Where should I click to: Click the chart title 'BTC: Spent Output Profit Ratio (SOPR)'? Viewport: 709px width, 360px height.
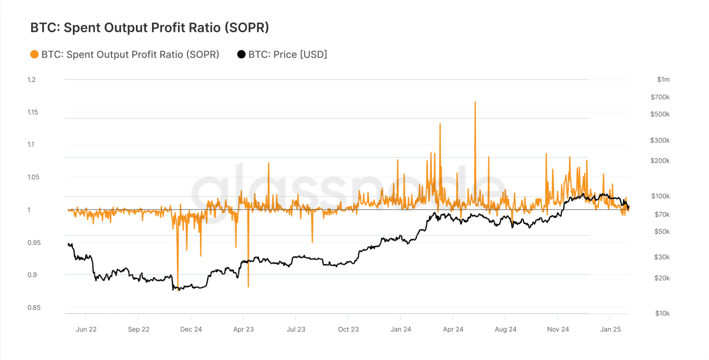pyautogui.click(x=149, y=28)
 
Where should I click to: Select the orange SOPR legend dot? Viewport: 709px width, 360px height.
pyautogui.click(x=34, y=54)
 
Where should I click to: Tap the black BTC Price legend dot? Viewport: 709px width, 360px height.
pyautogui.click(x=241, y=54)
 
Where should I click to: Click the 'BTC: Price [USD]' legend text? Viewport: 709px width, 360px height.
pyautogui.click(x=287, y=54)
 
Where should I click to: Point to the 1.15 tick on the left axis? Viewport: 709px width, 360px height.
pyautogui.click(x=33, y=112)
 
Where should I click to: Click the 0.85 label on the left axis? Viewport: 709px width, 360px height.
pyautogui.click(x=33, y=307)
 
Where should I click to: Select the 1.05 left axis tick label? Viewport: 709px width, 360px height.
pyautogui.click(x=33, y=177)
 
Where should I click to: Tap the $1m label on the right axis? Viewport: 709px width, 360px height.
pyautogui.click(x=663, y=80)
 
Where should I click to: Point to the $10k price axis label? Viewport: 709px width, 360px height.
pyautogui.click(x=662, y=313)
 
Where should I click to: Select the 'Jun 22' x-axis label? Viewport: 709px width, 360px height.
pyautogui.click(x=86, y=329)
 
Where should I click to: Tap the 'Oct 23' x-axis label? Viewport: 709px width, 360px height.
pyautogui.click(x=348, y=329)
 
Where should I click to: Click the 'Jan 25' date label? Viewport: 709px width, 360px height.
pyautogui.click(x=611, y=329)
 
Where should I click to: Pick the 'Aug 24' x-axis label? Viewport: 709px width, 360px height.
pyautogui.click(x=505, y=329)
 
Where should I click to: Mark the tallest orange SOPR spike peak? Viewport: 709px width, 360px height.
pyautogui.click(x=475, y=102)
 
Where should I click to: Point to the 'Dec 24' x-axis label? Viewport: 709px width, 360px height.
pyautogui.click(x=191, y=329)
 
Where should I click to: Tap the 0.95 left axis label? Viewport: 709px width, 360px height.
pyautogui.click(x=33, y=242)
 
